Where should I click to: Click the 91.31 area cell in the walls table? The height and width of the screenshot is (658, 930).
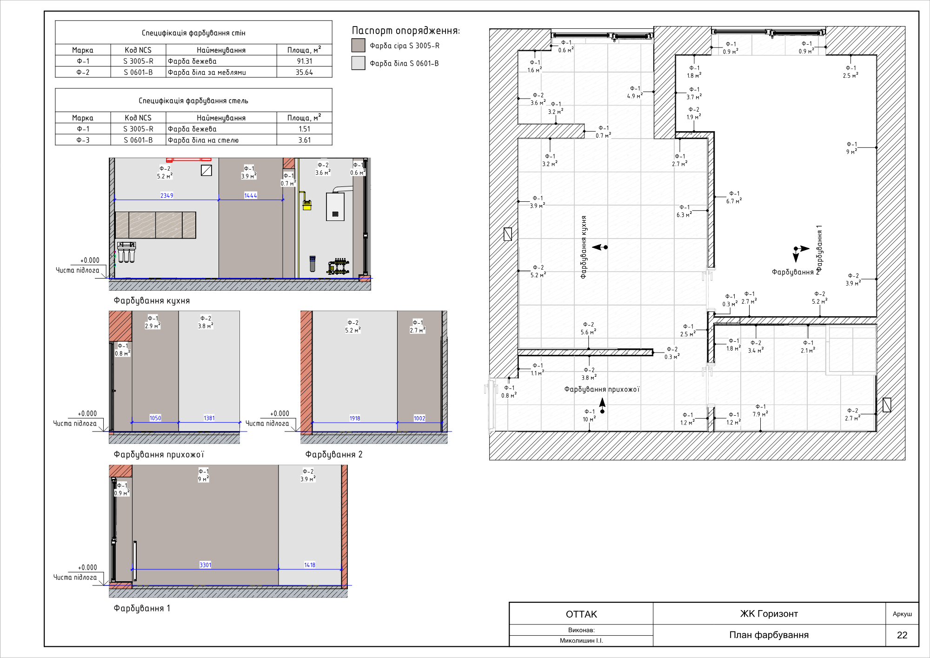(x=305, y=61)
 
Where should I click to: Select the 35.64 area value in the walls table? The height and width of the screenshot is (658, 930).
(x=305, y=72)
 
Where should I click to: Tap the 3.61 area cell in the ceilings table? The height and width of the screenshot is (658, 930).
(x=305, y=140)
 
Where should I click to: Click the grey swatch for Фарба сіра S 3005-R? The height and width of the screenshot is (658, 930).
(x=358, y=45)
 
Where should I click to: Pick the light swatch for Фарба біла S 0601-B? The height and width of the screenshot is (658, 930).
(x=358, y=63)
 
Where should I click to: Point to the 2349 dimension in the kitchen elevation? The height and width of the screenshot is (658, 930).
(x=167, y=195)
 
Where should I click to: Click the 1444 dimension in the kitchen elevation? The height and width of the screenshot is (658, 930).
(x=251, y=195)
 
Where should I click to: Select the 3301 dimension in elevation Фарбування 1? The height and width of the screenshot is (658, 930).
(x=206, y=565)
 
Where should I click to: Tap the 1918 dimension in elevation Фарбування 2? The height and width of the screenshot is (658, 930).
(x=355, y=418)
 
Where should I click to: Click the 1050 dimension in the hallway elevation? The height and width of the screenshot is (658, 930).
(x=155, y=418)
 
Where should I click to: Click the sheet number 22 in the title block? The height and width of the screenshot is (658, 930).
(x=902, y=635)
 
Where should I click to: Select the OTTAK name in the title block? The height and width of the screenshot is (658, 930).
(x=581, y=614)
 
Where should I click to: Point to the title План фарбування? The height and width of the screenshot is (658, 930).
(x=769, y=635)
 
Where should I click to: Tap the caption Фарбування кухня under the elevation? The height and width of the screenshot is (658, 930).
(x=152, y=300)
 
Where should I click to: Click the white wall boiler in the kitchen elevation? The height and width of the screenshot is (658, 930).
(x=335, y=206)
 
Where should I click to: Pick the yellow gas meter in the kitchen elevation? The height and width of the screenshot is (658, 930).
(x=307, y=205)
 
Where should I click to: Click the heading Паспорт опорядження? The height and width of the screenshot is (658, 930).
(x=405, y=31)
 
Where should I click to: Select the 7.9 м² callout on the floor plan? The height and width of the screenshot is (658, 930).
(x=760, y=414)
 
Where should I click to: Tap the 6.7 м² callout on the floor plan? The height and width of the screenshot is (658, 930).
(x=734, y=201)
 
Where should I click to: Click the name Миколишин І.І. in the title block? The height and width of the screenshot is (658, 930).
(x=581, y=641)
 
